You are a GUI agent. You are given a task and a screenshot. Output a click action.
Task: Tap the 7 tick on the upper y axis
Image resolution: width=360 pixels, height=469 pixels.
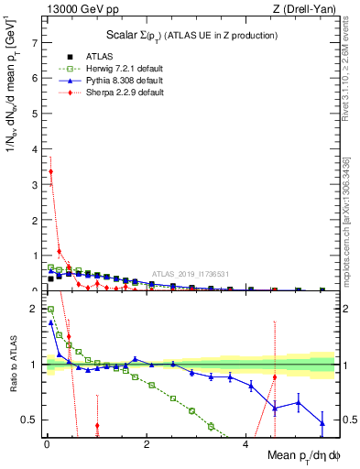(x=34, y=43)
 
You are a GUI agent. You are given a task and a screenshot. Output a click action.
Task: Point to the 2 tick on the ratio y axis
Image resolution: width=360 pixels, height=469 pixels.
(x=34, y=309)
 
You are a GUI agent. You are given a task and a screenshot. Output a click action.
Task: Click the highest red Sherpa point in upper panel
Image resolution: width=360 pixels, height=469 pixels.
(x=50, y=171)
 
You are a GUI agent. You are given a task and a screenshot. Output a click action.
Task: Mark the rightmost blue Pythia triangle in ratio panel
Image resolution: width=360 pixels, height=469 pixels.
(x=322, y=423)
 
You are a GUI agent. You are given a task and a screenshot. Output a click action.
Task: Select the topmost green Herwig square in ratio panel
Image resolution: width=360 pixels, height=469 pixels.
(x=50, y=310)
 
